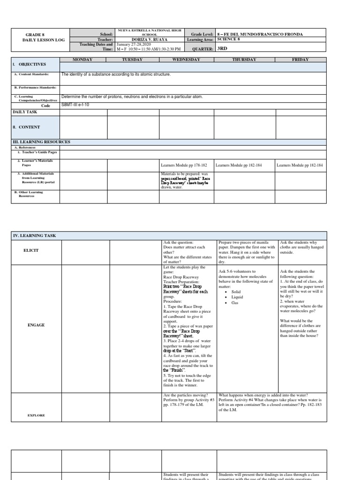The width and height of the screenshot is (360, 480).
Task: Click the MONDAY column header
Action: [82, 60]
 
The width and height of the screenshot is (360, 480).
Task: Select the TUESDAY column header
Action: [132, 60]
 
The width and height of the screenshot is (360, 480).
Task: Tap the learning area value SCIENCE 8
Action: [229, 39]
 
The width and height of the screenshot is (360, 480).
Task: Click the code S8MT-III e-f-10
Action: [75, 105]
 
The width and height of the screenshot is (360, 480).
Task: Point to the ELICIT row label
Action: [31, 250]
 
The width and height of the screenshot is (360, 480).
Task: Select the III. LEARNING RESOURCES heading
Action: [42, 142]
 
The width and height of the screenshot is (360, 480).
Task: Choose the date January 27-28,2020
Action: [133, 44]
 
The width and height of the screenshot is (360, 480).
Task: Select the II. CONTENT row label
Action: [27, 127]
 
